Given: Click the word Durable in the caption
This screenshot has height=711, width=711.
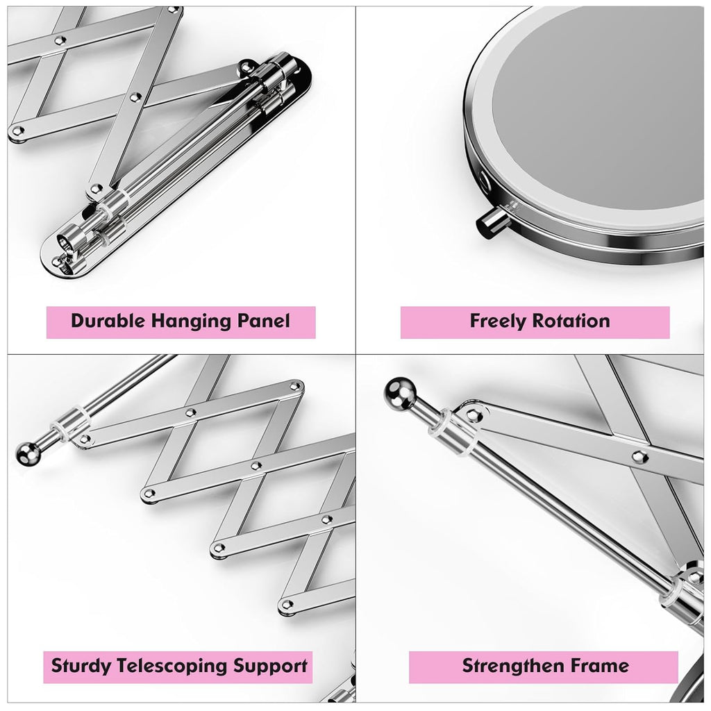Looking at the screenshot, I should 108,321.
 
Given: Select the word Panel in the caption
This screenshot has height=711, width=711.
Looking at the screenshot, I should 265,321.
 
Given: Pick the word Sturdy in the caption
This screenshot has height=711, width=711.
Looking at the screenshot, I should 81,667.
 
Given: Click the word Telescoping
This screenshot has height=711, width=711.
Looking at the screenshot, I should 173,667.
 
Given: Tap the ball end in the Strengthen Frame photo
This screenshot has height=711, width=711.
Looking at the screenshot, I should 399,393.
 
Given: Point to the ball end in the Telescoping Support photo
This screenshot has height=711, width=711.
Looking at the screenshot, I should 27,452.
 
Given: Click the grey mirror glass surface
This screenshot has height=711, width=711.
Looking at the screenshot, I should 597,118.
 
